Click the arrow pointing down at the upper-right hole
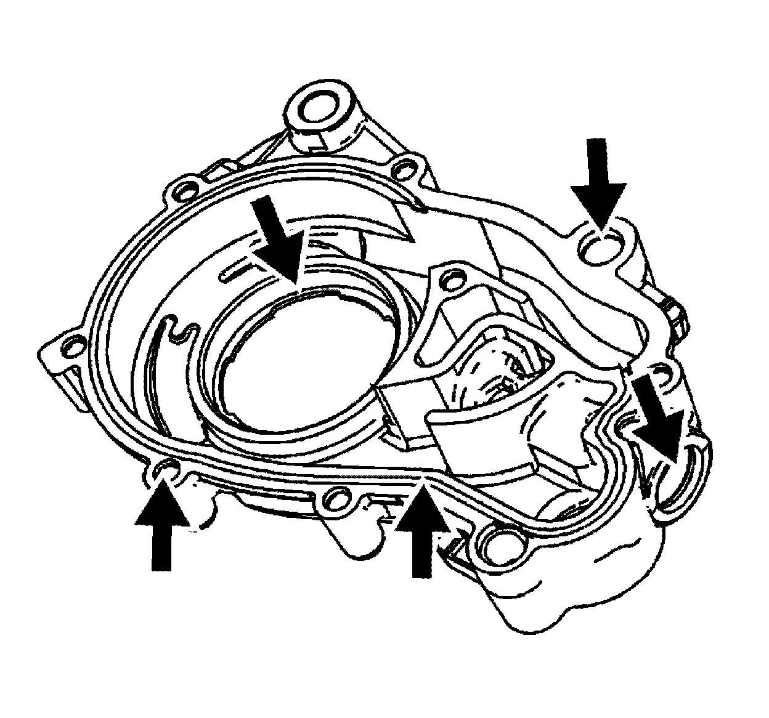pyautogui.click(x=598, y=179)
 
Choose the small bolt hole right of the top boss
pyautogui.click(x=404, y=167)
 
